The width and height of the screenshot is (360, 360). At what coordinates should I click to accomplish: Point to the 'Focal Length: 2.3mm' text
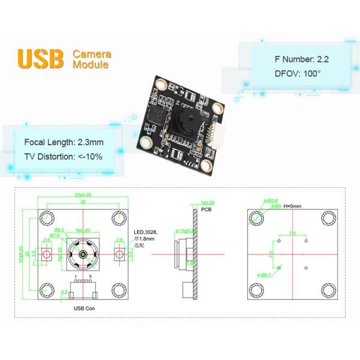[x=64, y=142]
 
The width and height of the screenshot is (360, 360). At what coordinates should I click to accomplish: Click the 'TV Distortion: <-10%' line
[x=64, y=156]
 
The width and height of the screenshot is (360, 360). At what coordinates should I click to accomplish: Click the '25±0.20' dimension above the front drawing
[x=83, y=194]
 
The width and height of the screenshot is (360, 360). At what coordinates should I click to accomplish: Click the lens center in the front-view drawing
[x=82, y=254]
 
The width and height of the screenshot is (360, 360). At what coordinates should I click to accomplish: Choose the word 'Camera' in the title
[x=92, y=54]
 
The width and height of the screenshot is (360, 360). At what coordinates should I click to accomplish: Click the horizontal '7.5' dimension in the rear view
[x=292, y=233]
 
